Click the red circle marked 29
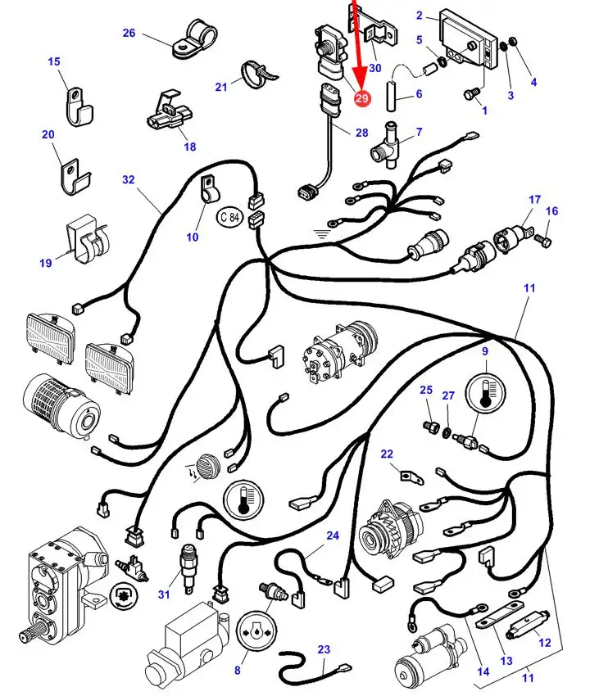click(x=362, y=98)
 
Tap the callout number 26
click(x=129, y=33)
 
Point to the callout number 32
click(x=128, y=180)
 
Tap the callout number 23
click(x=324, y=649)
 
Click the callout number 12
click(x=545, y=643)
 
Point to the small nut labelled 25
click(x=427, y=425)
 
